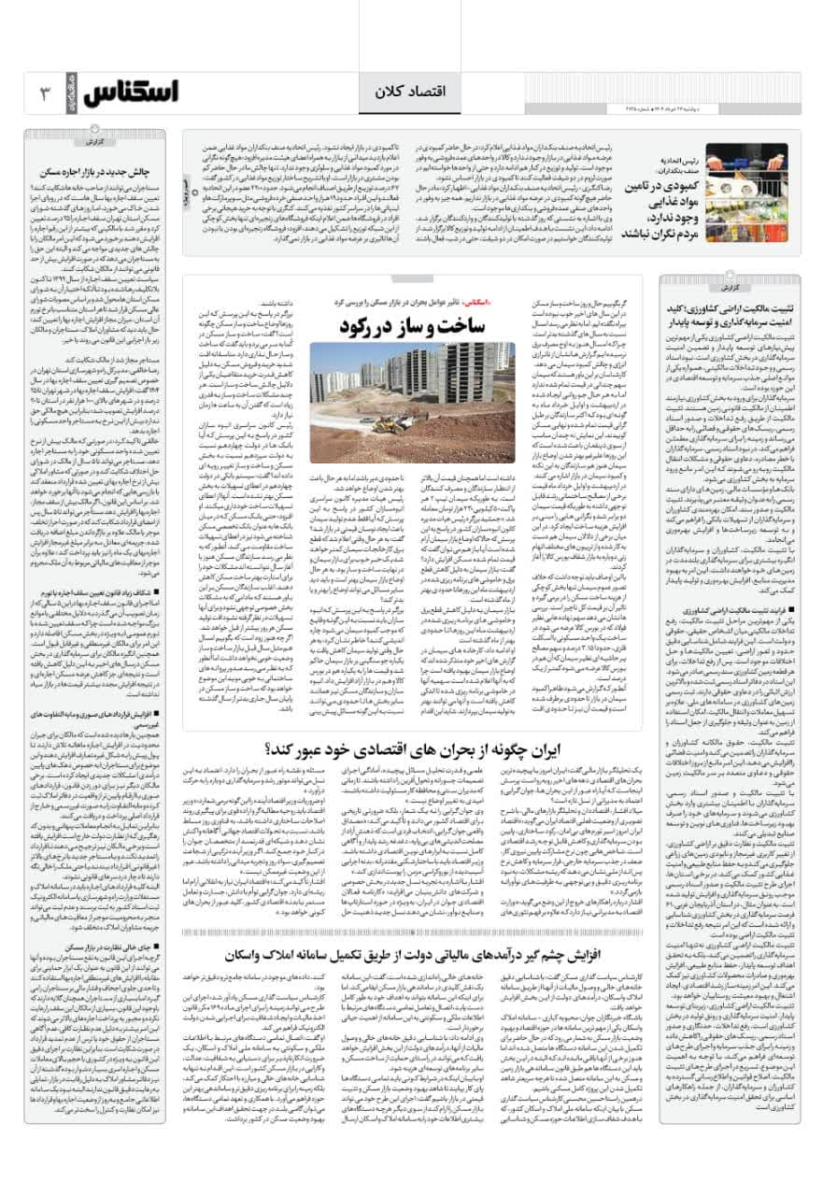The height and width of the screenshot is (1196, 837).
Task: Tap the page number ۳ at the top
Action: tap(44, 94)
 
